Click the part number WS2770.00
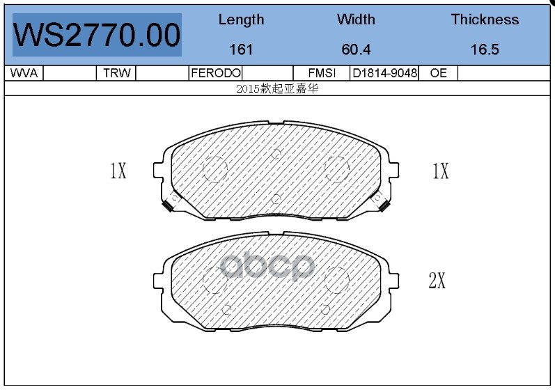(x=97, y=35)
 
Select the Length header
(x=241, y=19)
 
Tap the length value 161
(x=241, y=49)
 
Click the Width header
(x=356, y=19)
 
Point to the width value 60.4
(x=356, y=49)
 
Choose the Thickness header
(x=485, y=19)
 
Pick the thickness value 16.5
(x=485, y=49)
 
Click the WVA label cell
(x=24, y=73)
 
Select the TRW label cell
(x=117, y=73)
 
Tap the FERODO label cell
(x=216, y=73)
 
